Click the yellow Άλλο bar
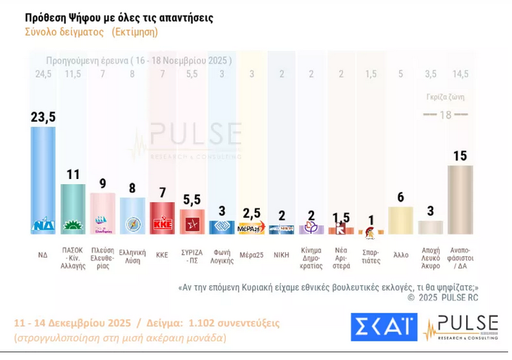coord(401,220)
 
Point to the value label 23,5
coord(43,116)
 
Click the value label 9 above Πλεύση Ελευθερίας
coord(103,183)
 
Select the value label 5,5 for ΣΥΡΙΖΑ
coord(192,199)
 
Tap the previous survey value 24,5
coord(43,74)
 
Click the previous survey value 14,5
coord(460,74)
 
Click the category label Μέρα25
coord(251,255)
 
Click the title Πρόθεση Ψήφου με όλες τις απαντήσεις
coord(119,17)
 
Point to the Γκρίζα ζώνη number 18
coord(445,114)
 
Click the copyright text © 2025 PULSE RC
coord(443,298)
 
